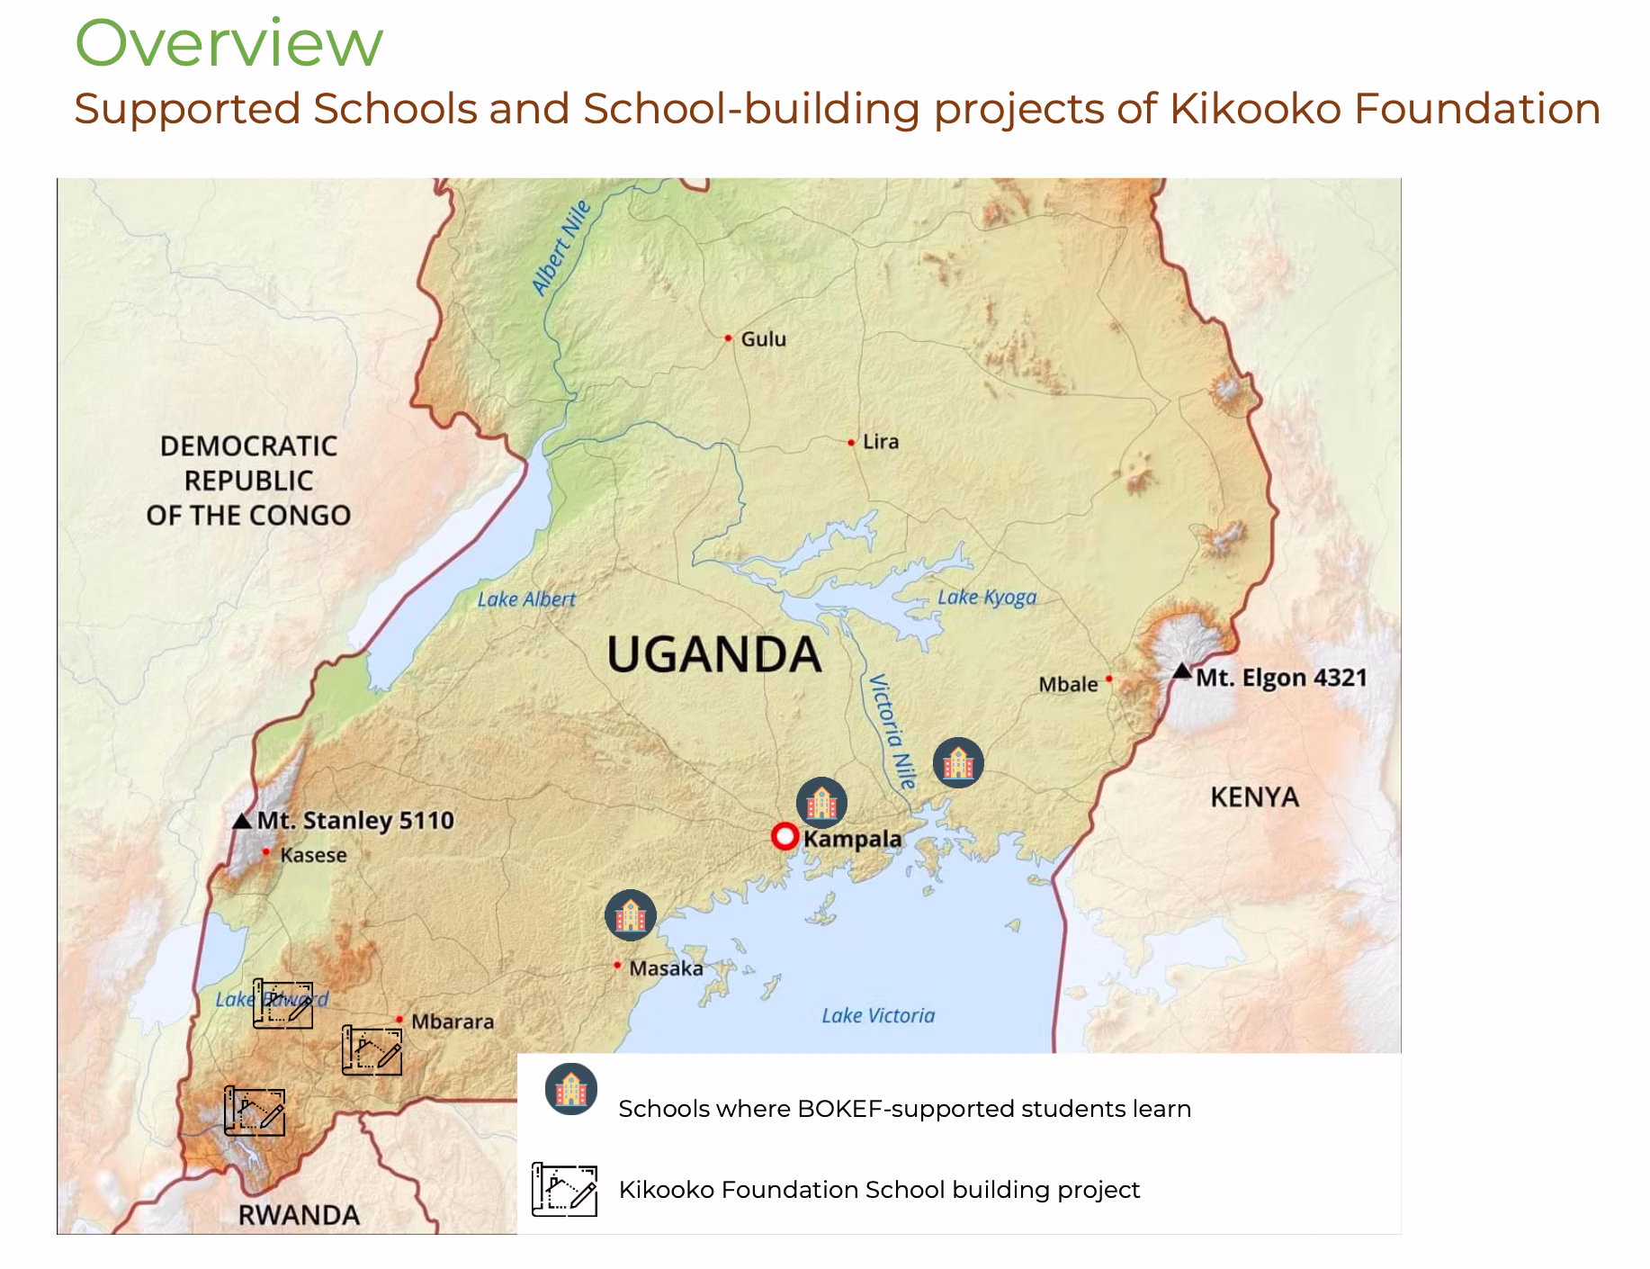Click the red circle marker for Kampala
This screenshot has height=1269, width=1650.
785,837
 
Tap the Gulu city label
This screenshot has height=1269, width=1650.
763,339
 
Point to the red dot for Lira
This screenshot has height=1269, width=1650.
851,443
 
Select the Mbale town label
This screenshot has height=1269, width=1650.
1068,684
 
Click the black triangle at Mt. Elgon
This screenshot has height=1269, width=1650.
1182,671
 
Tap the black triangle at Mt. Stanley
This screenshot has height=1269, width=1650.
242,821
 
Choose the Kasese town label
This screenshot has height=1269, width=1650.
313,855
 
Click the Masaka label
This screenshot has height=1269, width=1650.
666,968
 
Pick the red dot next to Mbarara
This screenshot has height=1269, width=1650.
399,1020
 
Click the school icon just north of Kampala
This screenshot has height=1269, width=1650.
821,803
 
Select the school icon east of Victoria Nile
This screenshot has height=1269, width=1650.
958,763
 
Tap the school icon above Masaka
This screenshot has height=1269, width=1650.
631,915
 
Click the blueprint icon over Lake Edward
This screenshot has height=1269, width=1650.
283,1003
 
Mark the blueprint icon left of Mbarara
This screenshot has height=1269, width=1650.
372,1049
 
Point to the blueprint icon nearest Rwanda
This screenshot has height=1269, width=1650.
256,1111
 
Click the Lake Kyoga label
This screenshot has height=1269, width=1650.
987,597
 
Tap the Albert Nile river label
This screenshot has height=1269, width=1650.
561,247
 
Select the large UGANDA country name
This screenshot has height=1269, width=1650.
714,654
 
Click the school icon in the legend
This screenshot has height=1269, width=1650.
571,1089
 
